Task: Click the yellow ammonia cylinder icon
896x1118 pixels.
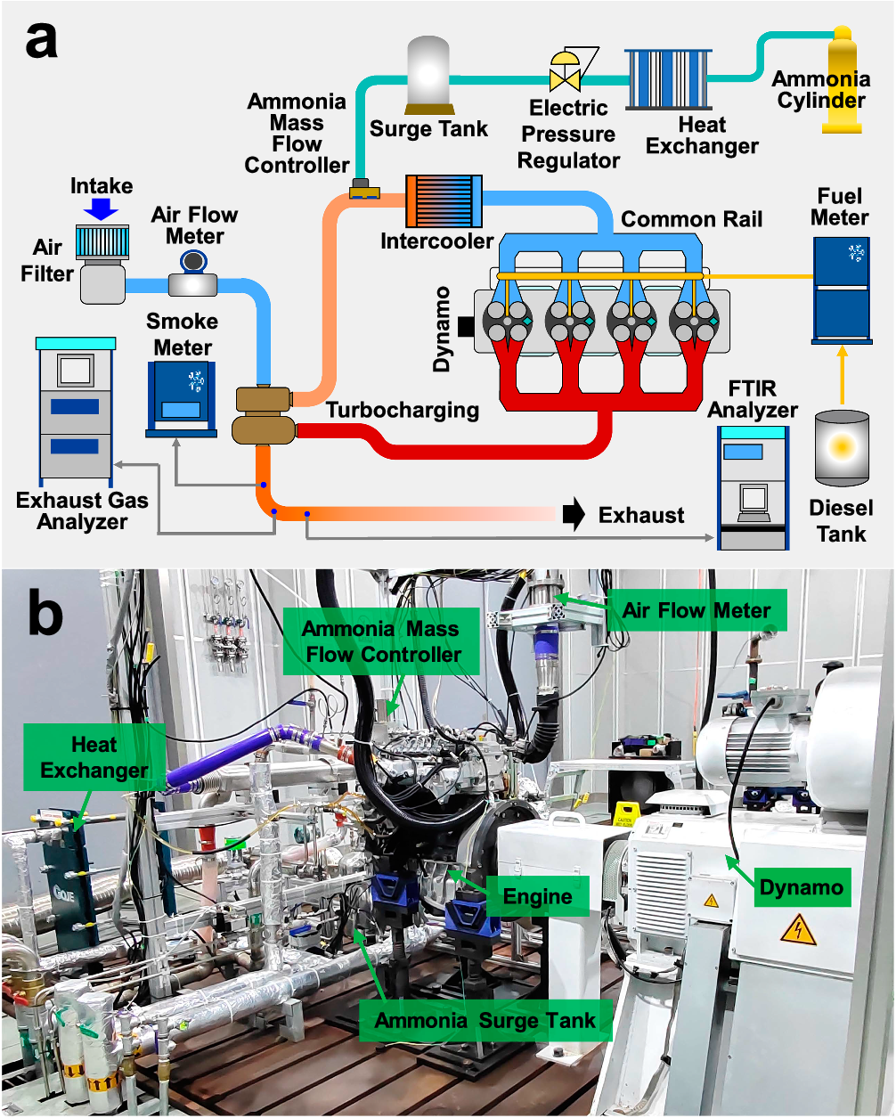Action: coord(841,85)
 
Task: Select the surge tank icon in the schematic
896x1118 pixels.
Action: coord(429,77)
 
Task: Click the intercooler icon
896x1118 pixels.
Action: coord(444,200)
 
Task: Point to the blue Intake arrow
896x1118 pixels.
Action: coord(102,209)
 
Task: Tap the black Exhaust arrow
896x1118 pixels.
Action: coord(574,514)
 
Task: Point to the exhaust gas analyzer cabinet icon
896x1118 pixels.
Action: coord(75,410)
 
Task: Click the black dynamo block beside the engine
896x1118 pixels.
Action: coord(465,327)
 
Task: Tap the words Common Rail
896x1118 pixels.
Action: coord(691,219)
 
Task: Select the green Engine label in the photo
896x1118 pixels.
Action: coord(538,896)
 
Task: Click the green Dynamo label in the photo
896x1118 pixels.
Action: coord(802,886)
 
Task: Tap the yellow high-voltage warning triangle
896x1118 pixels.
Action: coord(798,931)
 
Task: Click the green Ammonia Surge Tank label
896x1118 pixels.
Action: coord(485,1020)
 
